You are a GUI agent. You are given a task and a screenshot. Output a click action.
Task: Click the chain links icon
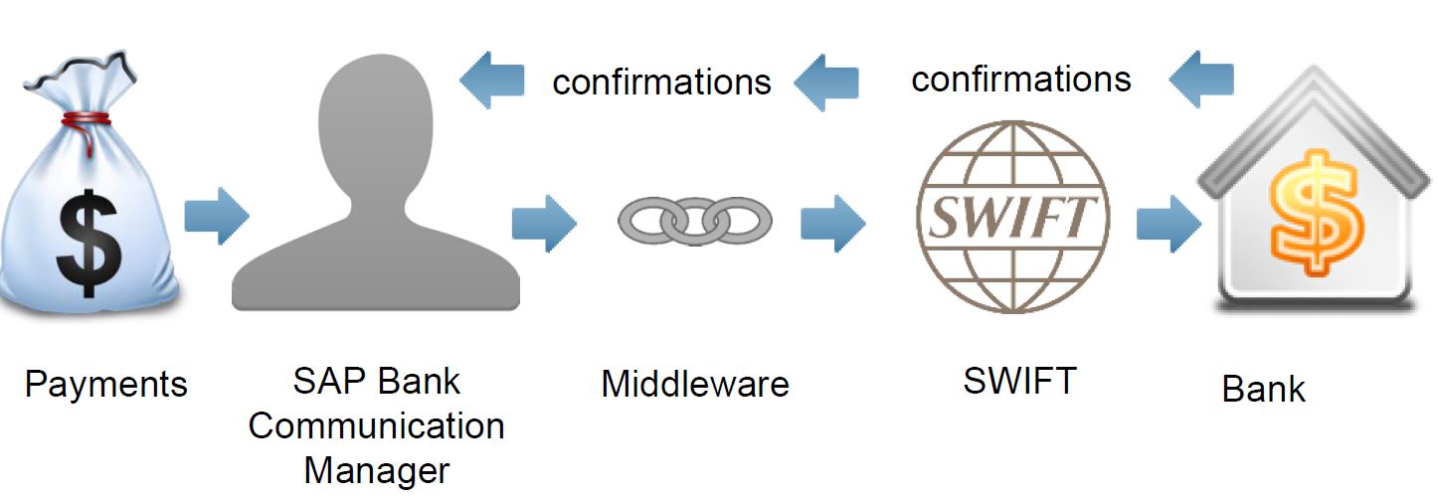coord(694,220)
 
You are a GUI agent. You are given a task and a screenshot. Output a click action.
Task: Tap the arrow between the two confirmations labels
coord(826,82)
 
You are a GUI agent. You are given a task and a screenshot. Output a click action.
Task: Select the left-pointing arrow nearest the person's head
coord(492,82)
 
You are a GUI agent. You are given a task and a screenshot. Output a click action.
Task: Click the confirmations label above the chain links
coord(661,82)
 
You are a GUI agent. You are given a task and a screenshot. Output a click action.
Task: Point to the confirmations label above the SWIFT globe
coord(1021,79)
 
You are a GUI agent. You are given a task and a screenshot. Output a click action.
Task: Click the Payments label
coord(105,384)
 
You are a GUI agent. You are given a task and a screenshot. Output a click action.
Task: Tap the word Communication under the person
coord(376,426)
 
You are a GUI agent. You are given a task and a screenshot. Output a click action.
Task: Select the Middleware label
coord(695,384)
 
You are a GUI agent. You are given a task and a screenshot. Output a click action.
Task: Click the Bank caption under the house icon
coord(1263,389)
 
